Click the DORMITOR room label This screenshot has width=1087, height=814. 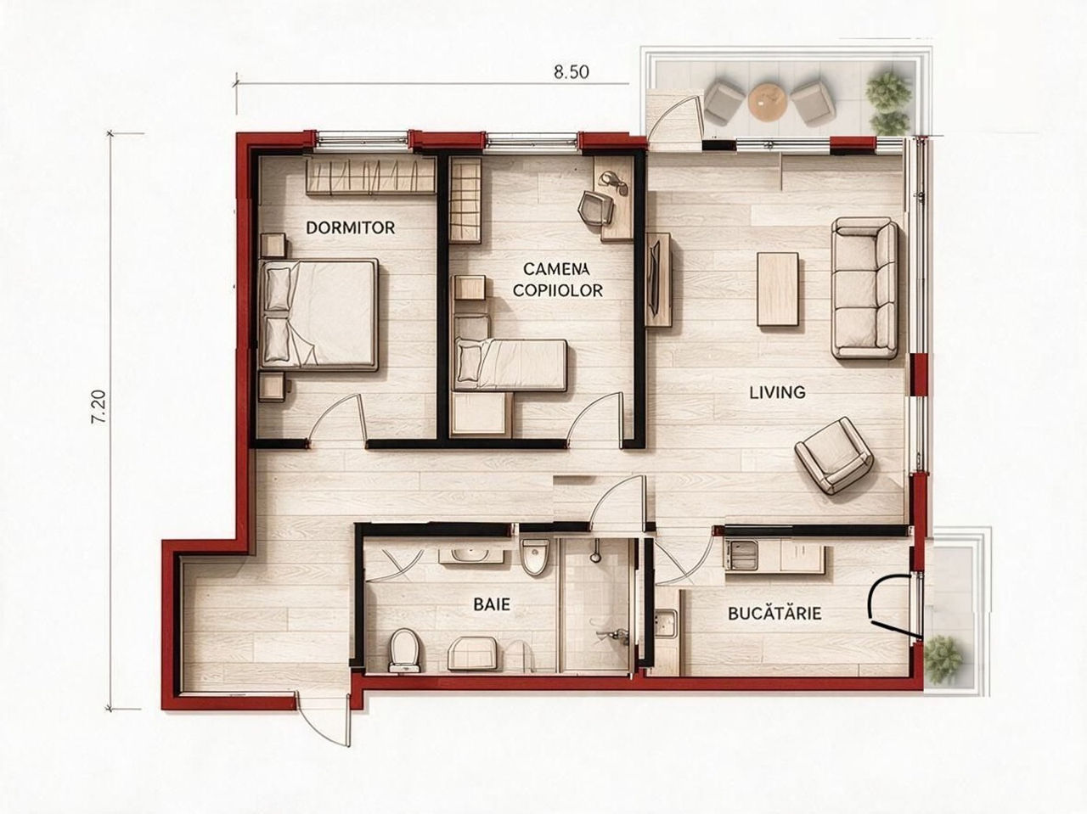tap(351, 227)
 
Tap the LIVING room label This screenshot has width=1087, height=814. tap(777, 392)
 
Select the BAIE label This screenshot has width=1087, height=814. tap(492, 604)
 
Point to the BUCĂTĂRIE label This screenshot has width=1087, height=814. tap(774, 613)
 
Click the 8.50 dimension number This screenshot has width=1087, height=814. tap(571, 72)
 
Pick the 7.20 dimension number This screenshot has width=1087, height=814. tap(99, 407)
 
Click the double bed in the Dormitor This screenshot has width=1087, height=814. tap(319, 315)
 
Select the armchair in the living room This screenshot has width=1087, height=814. tap(833, 462)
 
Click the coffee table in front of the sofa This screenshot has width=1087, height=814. tap(778, 289)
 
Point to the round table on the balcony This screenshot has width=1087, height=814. tap(768, 102)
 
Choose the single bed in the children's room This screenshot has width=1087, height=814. tap(510, 365)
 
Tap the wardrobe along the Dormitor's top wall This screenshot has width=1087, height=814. tap(370, 176)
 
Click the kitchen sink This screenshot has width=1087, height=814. tap(666, 624)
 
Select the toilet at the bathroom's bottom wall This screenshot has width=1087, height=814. tap(406, 649)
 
